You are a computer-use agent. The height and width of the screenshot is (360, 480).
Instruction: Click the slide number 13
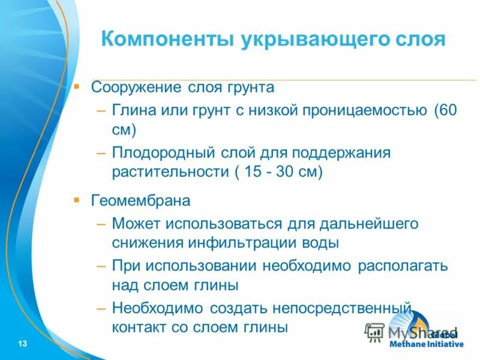pyautogui.click(x=23, y=343)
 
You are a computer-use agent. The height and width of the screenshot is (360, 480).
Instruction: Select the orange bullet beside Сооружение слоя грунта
pyautogui.click(x=76, y=86)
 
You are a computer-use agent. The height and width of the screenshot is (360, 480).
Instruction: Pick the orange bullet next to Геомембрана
pyautogui.click(x=76, y=199)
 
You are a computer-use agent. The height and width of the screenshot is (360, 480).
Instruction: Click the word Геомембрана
pyautogui.click(x=140, y=200)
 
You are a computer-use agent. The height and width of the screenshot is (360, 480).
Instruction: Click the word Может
pyautogui.click(x=133, y=224)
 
